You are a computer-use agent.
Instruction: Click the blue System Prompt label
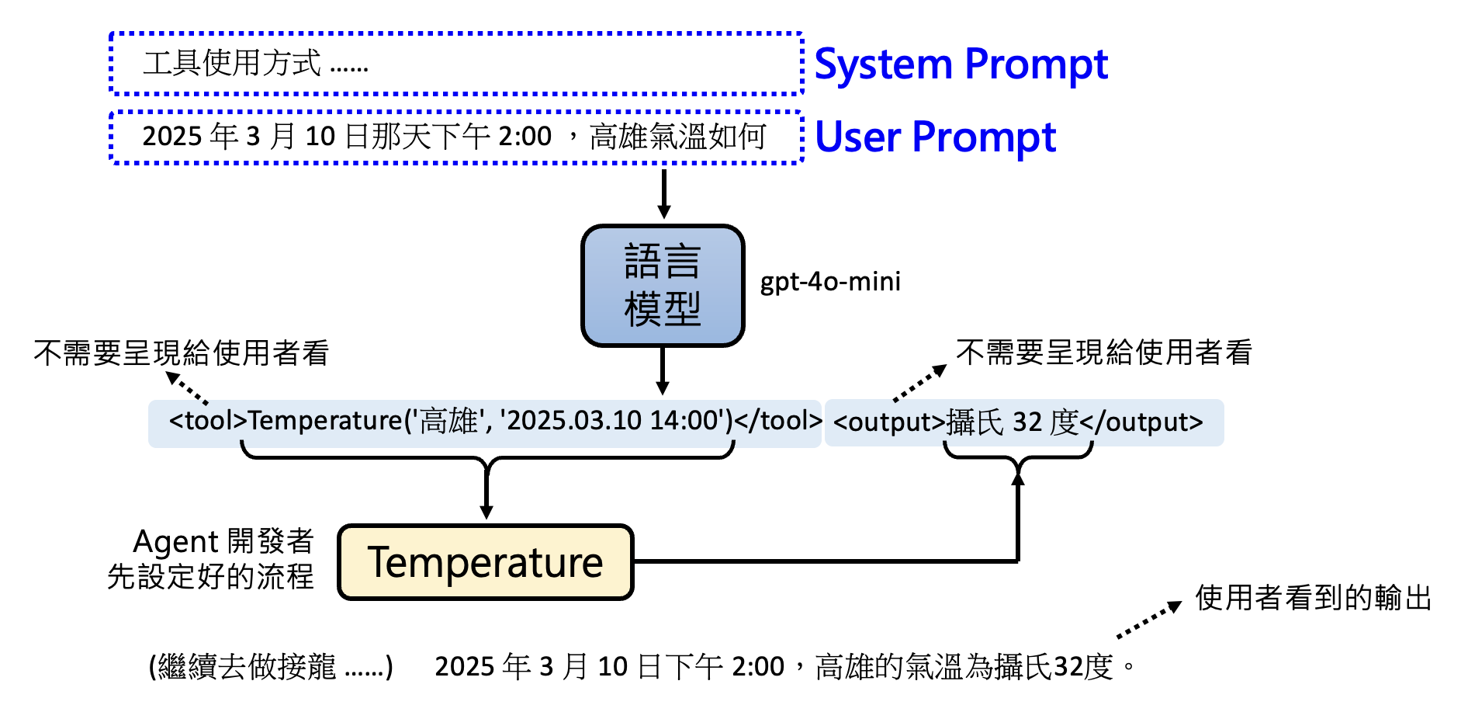(x=961, y=64)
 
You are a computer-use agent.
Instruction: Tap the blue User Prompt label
(x=935, y=137)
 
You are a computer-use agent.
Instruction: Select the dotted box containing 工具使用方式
(x=456, y=64)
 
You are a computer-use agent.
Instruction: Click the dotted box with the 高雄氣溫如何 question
(x=456, y=137)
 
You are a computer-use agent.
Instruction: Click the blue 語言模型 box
(x=663, y=285)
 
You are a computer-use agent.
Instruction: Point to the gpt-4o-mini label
(x=830, y=281)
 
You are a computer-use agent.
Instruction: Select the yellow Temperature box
(x=486, y=562)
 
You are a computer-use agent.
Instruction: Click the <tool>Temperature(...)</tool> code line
(x=485, y=422)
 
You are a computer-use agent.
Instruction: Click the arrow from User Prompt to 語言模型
(x=663, y=194)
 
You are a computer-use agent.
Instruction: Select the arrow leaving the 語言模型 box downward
(x=663, y=370)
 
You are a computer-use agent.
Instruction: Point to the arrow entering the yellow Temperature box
(x=486, y=493)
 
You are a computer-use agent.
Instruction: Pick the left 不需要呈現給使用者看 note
(x=182, y=353)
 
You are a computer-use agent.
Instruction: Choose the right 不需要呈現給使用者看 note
(x=1103, y=353)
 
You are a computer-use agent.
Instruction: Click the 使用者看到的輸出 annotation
(x=1313, y=598)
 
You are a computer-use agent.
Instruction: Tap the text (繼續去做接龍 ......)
(x=271, y=666)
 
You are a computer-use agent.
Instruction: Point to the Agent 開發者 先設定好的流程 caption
(x=211, y=558)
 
